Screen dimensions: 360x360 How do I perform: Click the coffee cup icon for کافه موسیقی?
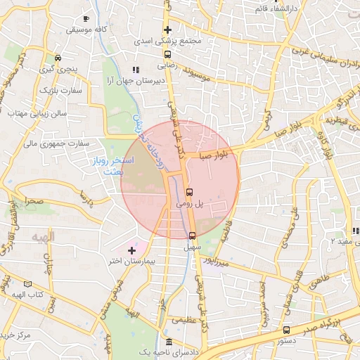86,18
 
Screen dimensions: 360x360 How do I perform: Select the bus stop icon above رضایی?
167,53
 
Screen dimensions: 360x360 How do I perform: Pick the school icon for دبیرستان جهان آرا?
136,70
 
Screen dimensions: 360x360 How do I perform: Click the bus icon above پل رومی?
189,191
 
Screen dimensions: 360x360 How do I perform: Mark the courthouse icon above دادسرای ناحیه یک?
167,342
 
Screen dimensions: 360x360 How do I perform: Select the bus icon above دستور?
285,330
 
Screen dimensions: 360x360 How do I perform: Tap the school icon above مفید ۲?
354,230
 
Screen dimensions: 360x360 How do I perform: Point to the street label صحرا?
32,202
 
